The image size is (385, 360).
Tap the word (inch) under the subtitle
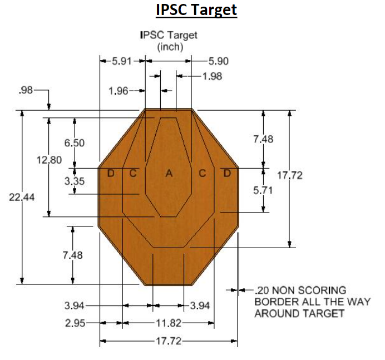pyautogui.click(x=170, y=47)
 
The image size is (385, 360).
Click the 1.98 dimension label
pyautogui.click(x=213, y=76)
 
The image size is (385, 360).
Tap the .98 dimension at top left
pyautogui.click(x=26, y=91)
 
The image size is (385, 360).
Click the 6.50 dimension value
pyautogui.click(x=74, y=143)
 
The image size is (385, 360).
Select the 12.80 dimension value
pyautogui.click(x=48, y=160)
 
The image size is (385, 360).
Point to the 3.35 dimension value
pyautogui.click(x=74, y=180)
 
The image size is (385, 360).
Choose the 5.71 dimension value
pyautogui.click(x=263, y=190)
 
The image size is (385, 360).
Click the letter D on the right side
pyautogui.click(x=226, y=173)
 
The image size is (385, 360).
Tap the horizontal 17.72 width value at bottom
pyautogui.click(x=168, y=341)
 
